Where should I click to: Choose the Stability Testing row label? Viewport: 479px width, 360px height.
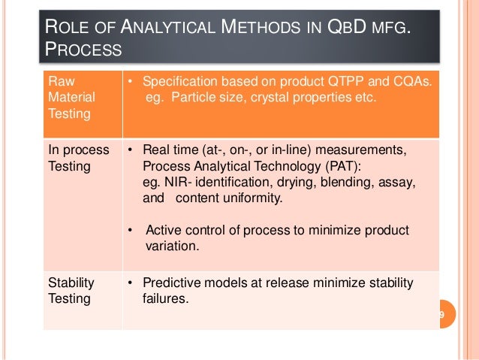pos(71,290)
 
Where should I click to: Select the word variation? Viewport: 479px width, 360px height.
pos(169,246)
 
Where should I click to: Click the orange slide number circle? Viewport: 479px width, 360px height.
pos(441,314)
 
